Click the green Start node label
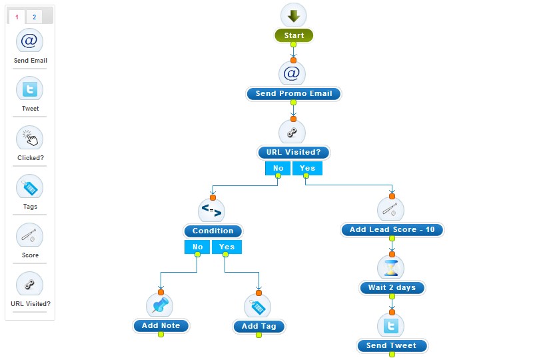tap(293, 36)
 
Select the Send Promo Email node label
tap(293, 94)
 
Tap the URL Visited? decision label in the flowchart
tap(293, 153)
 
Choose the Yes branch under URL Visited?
tap(307, 168)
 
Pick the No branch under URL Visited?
tap(278, 168)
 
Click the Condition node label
tap(213, 231)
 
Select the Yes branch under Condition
tap(227, 247)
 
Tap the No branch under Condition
tap(198, 247)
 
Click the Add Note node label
tap(161, 326)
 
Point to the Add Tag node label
tap(259, 327)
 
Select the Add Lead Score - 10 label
tap(392, 230)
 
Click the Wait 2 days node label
tap(392, 288)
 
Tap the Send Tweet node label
tap(391, 346)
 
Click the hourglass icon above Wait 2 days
tap(391, 268)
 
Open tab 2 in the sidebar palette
tap(35, 17)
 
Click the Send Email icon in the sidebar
tap(29, 41)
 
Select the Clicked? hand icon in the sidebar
tap(29, 139)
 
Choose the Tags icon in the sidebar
tap(29, 187)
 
